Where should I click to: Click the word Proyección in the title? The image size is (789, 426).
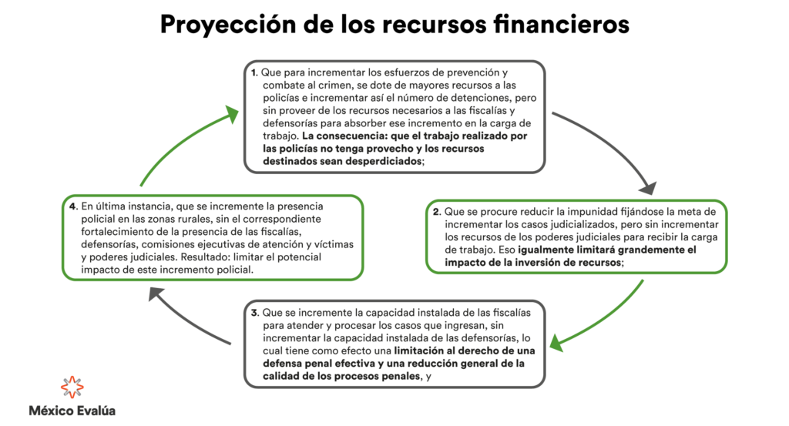click(228, 24)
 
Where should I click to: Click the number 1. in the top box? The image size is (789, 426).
click(254, 73)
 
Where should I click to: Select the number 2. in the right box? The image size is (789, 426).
click(437, 212)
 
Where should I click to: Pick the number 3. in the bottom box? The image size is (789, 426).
click(255, 313)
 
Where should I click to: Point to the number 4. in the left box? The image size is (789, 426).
click(73, 206)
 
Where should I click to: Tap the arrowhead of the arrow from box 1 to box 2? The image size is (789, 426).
click(648, 188)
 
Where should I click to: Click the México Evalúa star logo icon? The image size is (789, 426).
click(72, 387)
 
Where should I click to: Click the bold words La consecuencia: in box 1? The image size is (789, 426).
click(344, 136)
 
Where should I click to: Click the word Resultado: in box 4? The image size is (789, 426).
click(206, 257)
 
